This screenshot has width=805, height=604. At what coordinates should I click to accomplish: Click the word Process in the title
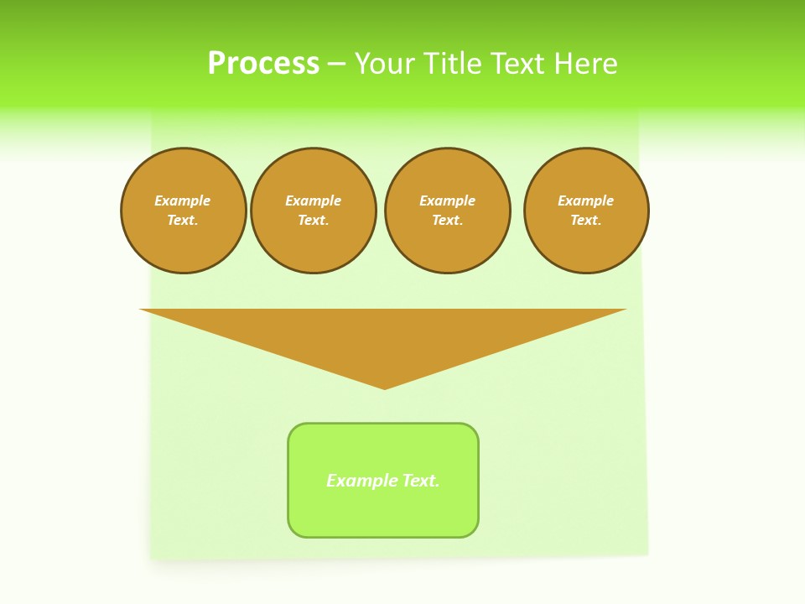coord(263,64)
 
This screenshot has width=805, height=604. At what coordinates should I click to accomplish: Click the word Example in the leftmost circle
coord(183,200)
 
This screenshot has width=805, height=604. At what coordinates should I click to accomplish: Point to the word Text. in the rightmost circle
coord(585,220)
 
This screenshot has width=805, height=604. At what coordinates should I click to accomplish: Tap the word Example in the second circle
coord(313,200)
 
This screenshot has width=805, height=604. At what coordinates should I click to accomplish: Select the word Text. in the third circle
coord(447,220)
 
